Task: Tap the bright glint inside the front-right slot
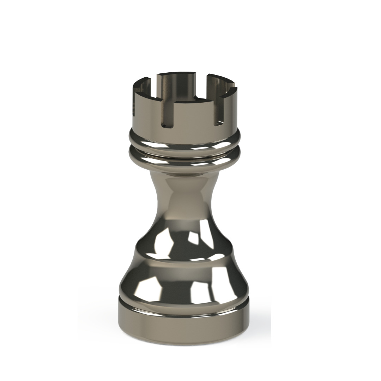220,122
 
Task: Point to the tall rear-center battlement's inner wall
176,85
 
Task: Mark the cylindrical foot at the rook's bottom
183,323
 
